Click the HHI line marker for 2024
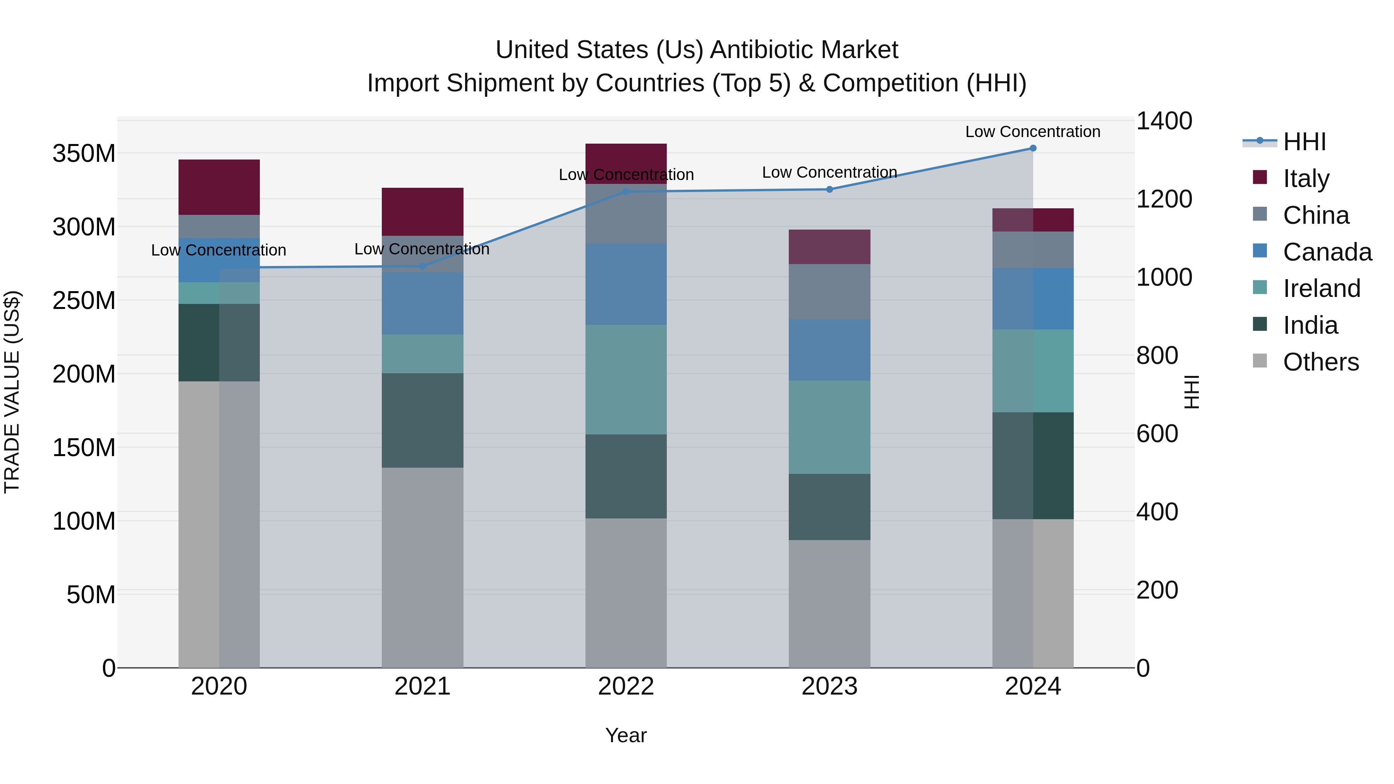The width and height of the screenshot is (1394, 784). [x=1032, y=148]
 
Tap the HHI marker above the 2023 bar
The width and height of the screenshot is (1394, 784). [x=829, y=189]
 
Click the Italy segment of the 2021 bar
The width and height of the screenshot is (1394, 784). [x=422, y=211]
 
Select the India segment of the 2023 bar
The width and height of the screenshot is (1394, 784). [x=829, y=506]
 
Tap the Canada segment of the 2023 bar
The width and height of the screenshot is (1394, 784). [x=829, y=350]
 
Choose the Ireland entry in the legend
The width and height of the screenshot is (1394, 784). [x=1321, y=288]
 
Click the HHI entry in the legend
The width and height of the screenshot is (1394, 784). [x=1304, y=142]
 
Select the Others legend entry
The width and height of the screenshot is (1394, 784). [x=1320, y=362]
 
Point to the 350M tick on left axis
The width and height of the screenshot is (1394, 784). [x=84, y=154]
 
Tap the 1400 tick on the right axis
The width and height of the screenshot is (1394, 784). [x=1164, y=121]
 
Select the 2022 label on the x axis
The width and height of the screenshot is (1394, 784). [x=626, y=686]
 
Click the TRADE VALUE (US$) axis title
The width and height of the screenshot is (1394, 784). [x=12, y=392]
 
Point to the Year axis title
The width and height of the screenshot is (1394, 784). [x=626, y=735]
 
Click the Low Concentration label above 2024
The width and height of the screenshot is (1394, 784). [x=1032, y=132]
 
